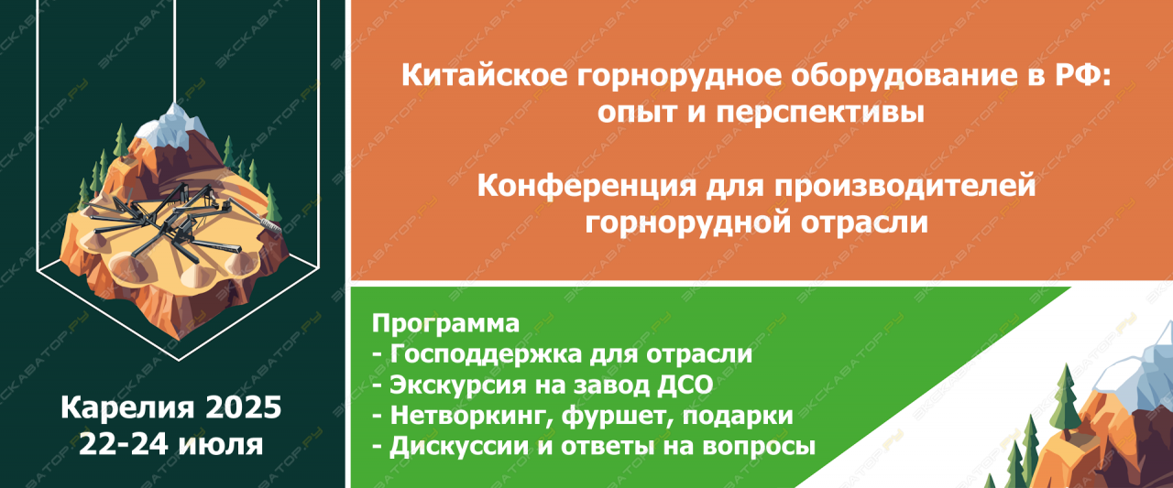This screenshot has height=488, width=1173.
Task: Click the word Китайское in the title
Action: coord(485,74)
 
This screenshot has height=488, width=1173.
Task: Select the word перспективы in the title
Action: coord(820,113)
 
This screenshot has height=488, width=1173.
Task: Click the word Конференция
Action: coord(586,186)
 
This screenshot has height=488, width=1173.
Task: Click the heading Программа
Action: coord(445,323)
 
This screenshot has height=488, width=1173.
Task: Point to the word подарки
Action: coord(738,416)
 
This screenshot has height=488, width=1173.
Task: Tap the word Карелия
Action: coord(128,407)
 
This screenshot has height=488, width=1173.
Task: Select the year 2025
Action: coord(244,407)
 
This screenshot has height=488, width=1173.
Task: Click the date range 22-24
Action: coord(124,443)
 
